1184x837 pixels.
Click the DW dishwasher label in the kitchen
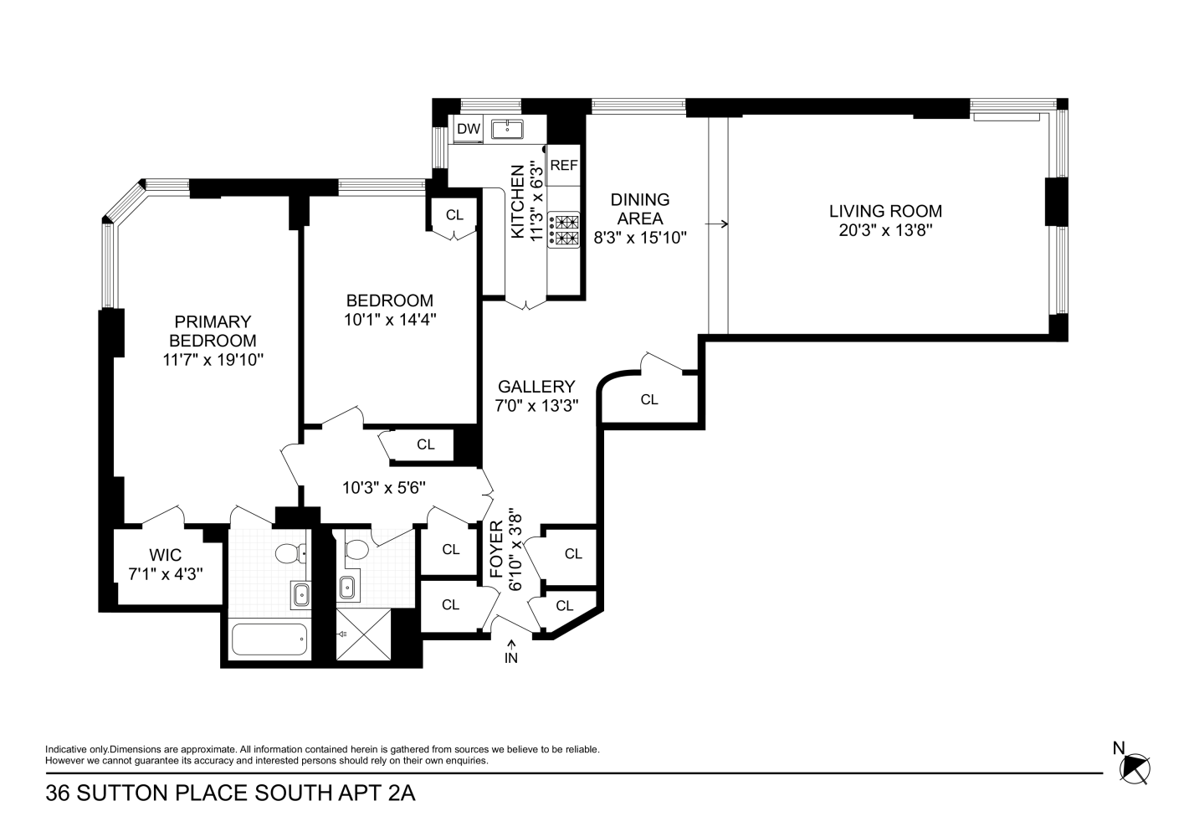click(x=469, y=129)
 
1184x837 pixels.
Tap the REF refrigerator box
click(x=564, y=166)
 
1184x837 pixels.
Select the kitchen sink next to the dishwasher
click(x=507, y=129)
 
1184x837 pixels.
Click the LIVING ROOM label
click(x=885, y=212)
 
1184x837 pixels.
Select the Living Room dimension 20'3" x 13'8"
click(x=885, y=230)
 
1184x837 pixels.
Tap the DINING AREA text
click(x=640, y=209)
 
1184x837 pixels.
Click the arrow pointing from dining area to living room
click(x=716, y=224)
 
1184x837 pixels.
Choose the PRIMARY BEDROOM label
click(x=213, y=331)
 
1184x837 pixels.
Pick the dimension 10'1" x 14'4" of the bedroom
click(x=390, y=319)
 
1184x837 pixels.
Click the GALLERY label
click(x=536, y=387)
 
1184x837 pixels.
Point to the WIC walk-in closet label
click(x=165, y=555)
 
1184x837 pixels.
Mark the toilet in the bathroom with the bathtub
click(x=290, y=553)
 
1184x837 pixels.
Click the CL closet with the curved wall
click(x=649, y=399)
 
